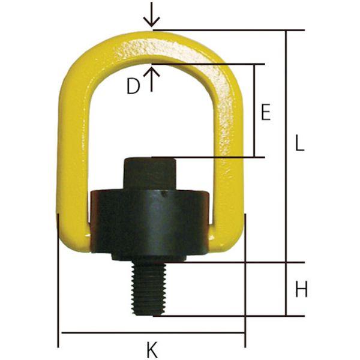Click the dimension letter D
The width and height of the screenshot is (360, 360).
[x=133, y=86]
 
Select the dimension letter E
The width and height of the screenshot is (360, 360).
[x=266, y=112]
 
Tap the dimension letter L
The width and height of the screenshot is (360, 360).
[x=299, y=143]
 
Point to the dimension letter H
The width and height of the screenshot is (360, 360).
[x=301, y=289]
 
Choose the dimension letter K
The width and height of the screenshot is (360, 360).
[x=152, y=350]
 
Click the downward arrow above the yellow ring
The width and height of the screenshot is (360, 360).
[x=151, y=15]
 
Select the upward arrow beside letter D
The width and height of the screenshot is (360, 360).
[x=151, y=78]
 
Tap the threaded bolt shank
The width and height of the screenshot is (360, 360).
[x=149, y=289]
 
